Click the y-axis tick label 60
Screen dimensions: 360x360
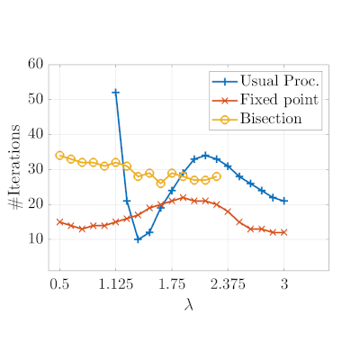tap(35, 64)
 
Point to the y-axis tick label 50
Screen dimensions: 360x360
tap(35, 99)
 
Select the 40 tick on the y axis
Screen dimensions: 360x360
tap(35, 134)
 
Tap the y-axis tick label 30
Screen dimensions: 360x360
tap(35, 169)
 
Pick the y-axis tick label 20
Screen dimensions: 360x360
tap(35, 204)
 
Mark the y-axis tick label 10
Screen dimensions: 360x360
tap(35, 239)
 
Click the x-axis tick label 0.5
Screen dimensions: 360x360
tap(59, 283)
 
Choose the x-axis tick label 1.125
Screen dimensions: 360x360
tap(115, 283)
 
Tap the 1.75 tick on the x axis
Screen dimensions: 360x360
tap(172, 283)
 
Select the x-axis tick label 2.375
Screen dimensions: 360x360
tap(228, 283)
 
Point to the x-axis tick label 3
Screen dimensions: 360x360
tap(284, 283)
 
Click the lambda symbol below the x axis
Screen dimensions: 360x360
tap(189, 304)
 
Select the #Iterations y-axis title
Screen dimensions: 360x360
tap(14, 166)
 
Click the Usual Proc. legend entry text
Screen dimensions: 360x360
tap(279, 80)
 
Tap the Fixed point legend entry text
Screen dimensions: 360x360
tap(279, 100)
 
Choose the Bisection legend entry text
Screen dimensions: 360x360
tap(271, 119)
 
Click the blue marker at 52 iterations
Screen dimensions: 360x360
tap(115, 93)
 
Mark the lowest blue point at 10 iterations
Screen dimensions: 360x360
tap(138, 239)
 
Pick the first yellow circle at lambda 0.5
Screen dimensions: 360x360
tap(59, 155)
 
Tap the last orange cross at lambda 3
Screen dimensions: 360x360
tap(284, 232)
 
